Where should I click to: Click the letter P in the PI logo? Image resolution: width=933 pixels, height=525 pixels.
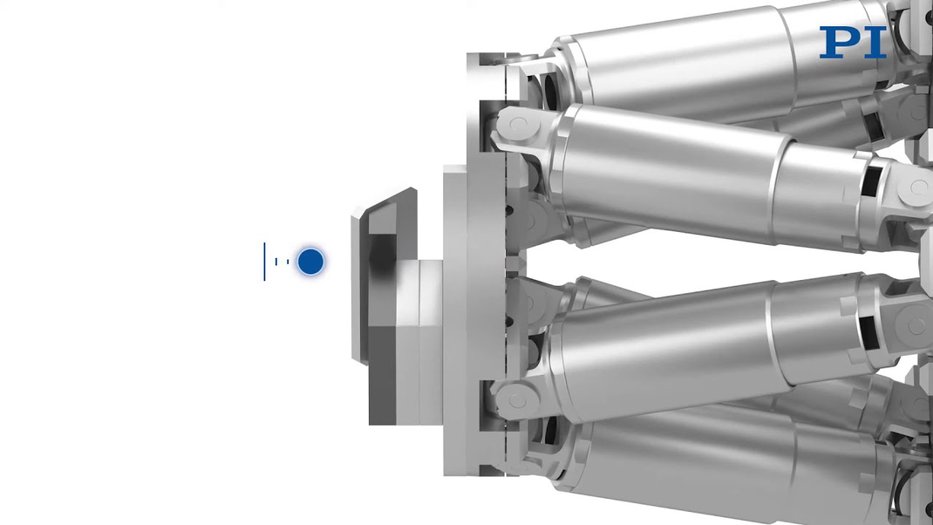coord(839,42)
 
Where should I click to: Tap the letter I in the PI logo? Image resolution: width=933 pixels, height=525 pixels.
coord(875,42)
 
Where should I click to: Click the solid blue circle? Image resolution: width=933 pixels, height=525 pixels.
coord(310,262)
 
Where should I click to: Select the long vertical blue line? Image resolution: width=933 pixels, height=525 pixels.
coord(265,262)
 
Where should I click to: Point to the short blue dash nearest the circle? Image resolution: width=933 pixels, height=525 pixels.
coord(288,262)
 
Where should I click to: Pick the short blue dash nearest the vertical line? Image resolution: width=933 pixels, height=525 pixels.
coord(276,262)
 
